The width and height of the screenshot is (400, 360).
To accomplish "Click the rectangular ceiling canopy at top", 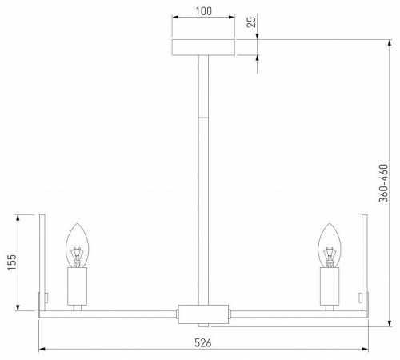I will pyautogui.click(x=204, y=47).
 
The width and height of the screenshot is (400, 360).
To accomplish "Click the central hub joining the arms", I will pyautogui.click(x=204, y=312).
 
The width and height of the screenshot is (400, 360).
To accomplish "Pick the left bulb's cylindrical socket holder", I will pyautogui.click(x=78, y=286).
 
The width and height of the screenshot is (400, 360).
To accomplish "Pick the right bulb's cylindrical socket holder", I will pyautogui.click(x=330, y=286).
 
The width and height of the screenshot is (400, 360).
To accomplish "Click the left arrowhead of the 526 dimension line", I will pyautogui.click(x=42, y=350).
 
